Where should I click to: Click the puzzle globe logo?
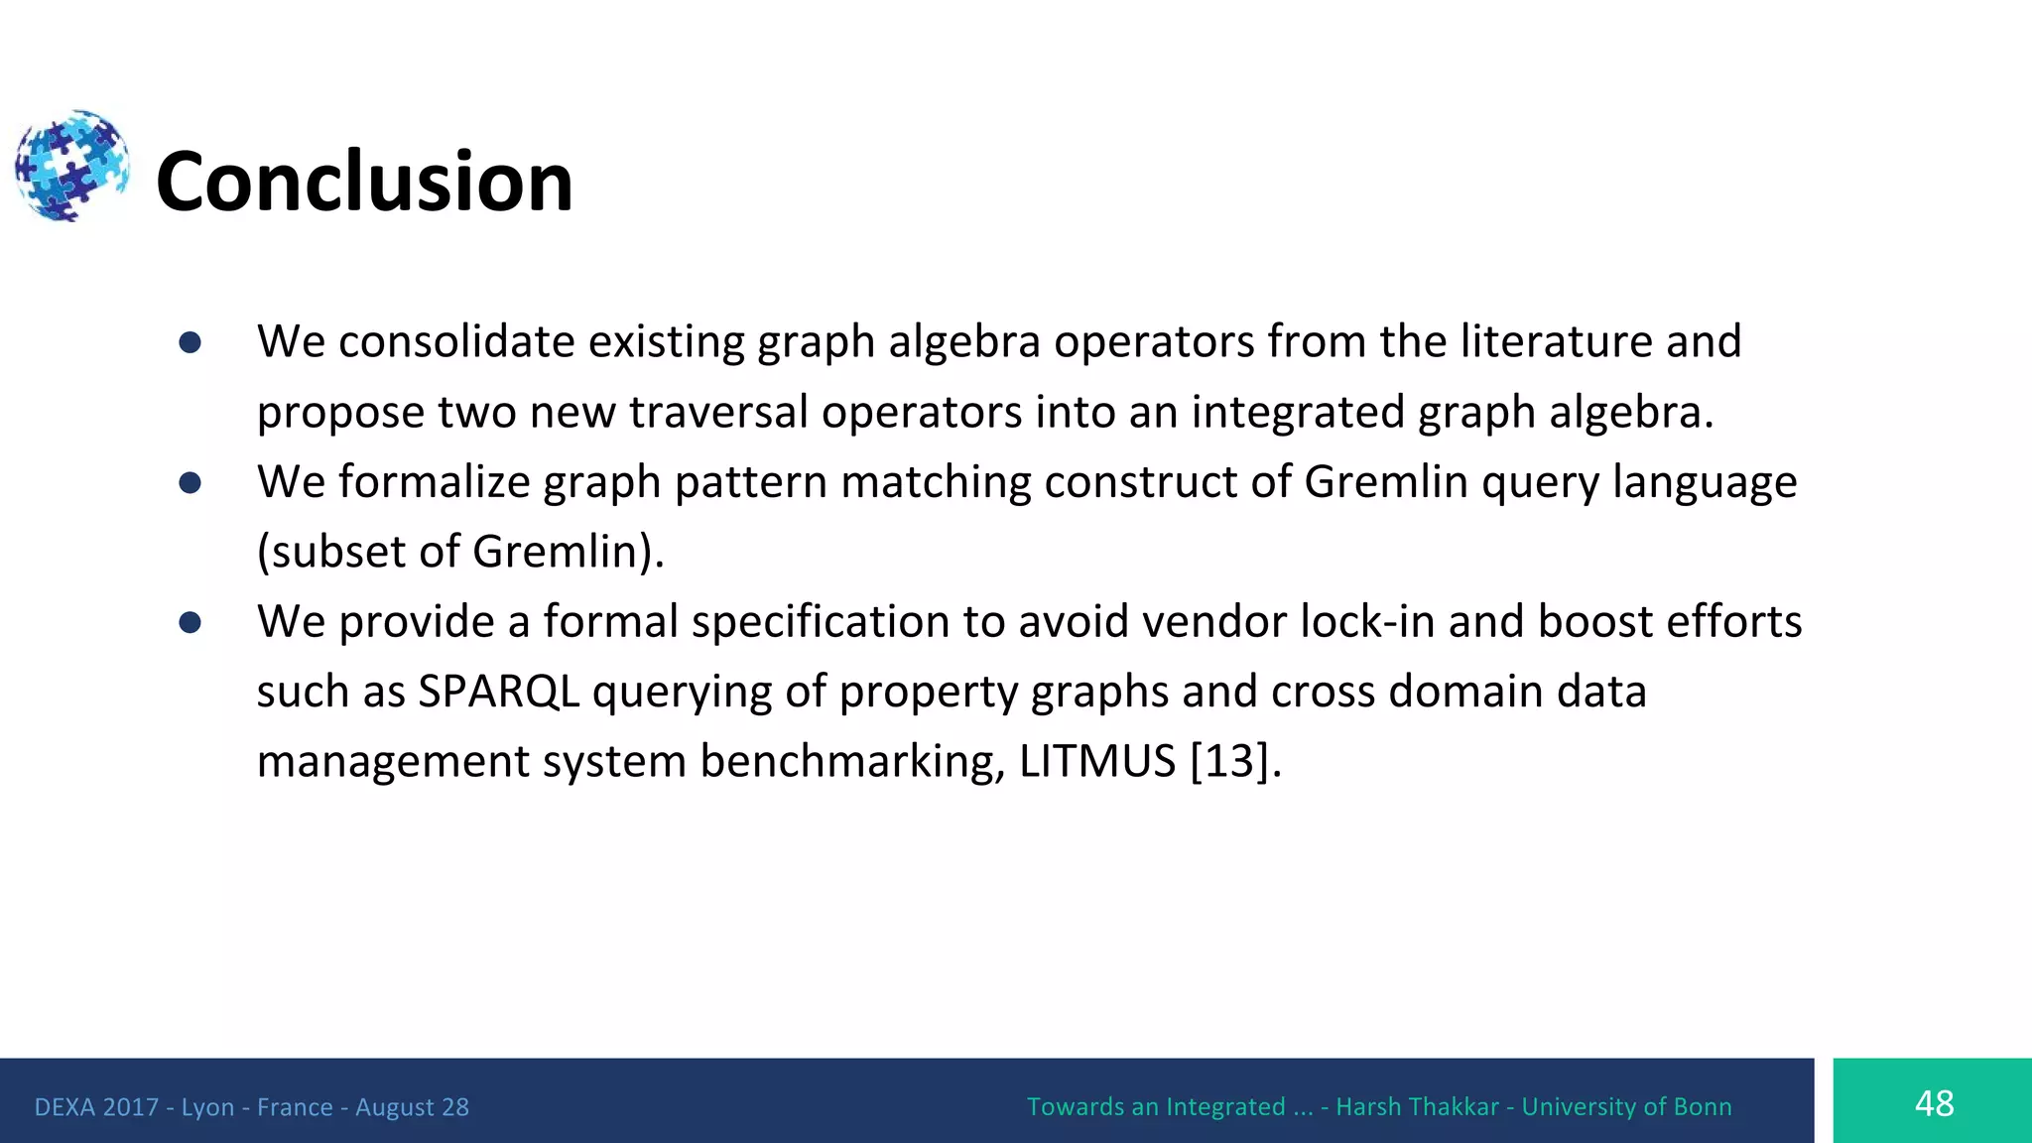(71, 166)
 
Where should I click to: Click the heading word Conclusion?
(364, 182)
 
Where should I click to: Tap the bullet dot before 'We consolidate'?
(190, 343)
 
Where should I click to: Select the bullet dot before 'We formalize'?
(190, 483)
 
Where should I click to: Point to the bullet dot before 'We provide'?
(190, 623)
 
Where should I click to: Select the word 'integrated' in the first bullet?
(1298, 412)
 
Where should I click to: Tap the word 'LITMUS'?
(1097, 762)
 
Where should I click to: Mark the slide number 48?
(1934, 1103)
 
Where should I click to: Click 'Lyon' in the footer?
(207, 1107)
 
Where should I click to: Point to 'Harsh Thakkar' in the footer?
(1417, 1107)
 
